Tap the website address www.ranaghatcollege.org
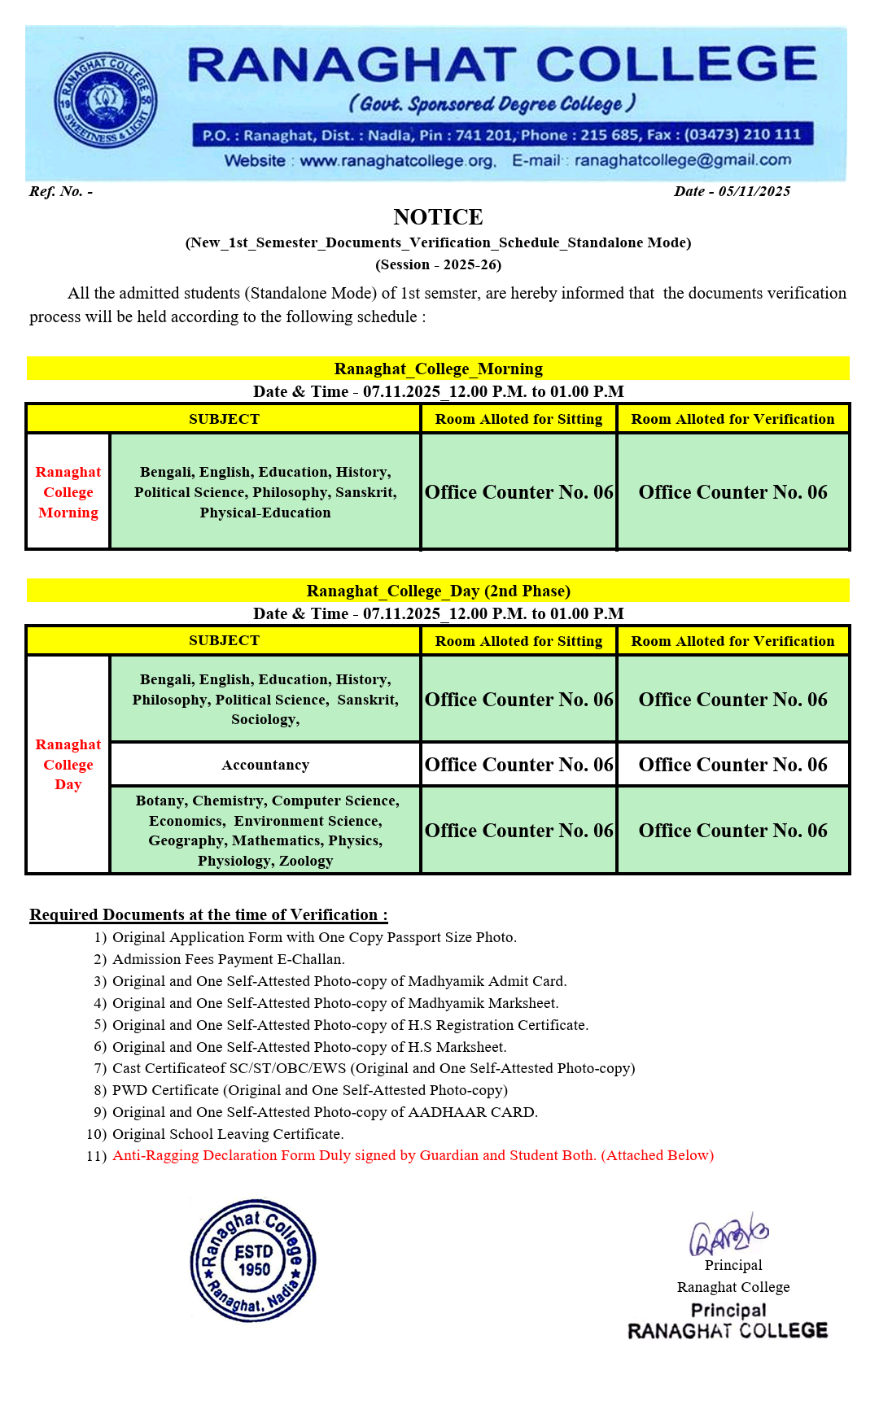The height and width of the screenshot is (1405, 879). pos(396,161)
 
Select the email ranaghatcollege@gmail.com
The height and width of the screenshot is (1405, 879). pos(682,160)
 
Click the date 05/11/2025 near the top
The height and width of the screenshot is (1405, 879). pos(754,191)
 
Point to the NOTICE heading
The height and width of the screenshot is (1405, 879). pos(438,217)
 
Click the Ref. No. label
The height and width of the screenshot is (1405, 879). pos(60,191)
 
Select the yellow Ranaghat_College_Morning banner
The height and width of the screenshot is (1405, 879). pos(438,369)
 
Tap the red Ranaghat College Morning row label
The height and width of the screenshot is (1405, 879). pos(68,492)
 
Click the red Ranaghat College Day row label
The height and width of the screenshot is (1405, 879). pos(68,765)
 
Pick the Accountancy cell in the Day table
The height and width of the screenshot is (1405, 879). pos(265,765)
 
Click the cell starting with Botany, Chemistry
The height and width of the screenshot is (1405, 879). pos(265,831)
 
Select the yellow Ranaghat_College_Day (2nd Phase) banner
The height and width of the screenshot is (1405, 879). pos(438,591)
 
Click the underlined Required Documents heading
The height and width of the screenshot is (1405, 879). pos(208,914)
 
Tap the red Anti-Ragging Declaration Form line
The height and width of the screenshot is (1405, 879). pos(413,1155)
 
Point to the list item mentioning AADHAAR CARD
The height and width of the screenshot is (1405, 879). pos(325,1112)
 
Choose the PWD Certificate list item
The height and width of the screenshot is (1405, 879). pos(309,1090)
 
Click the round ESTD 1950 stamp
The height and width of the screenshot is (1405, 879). pos(253,1260)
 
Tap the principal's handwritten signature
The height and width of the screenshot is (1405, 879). pos(728,1235)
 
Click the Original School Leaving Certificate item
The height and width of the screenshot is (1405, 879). pos(228,1134)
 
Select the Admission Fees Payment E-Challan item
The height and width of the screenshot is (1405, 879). pos(228,959)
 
